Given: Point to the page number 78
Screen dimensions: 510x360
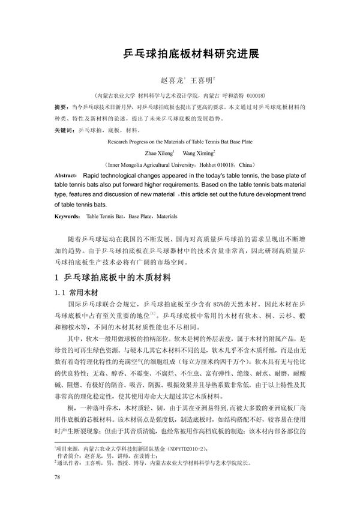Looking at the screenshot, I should [58, 477].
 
